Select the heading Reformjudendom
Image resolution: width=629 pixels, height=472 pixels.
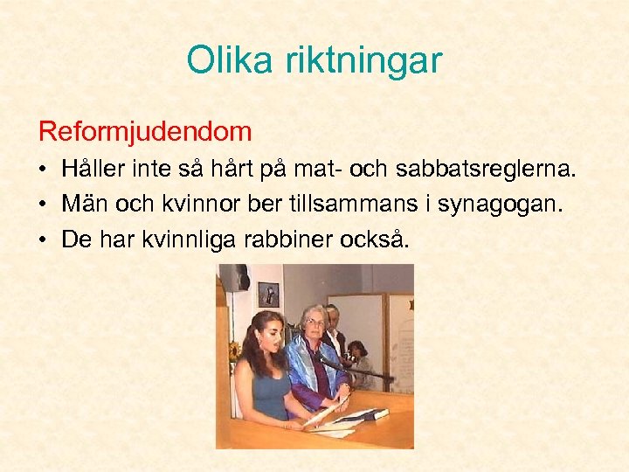pos(145,132)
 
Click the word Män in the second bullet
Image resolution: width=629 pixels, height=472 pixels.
pos(79,204)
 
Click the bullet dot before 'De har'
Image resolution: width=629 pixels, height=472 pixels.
pos(44,239)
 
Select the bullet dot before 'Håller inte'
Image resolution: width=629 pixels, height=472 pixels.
pos(44,170)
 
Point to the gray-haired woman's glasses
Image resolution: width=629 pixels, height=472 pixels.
pos(314,323)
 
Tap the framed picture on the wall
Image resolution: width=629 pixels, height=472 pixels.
pos(267,294)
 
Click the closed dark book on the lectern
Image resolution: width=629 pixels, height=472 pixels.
pos(367,414)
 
